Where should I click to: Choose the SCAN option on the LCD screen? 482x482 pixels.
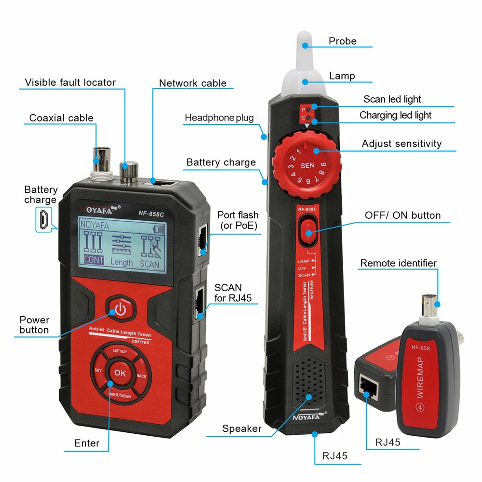click(149, 263)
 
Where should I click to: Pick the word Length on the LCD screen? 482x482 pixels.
click(121, 263)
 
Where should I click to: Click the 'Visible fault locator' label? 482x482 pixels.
click(70, 82)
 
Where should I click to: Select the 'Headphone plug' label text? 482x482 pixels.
click(219, 118)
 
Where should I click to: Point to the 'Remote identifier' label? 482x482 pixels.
click(398, 263)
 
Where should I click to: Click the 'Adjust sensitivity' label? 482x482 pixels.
click(402, 144)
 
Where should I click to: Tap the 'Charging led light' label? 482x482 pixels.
click(395, 115)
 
